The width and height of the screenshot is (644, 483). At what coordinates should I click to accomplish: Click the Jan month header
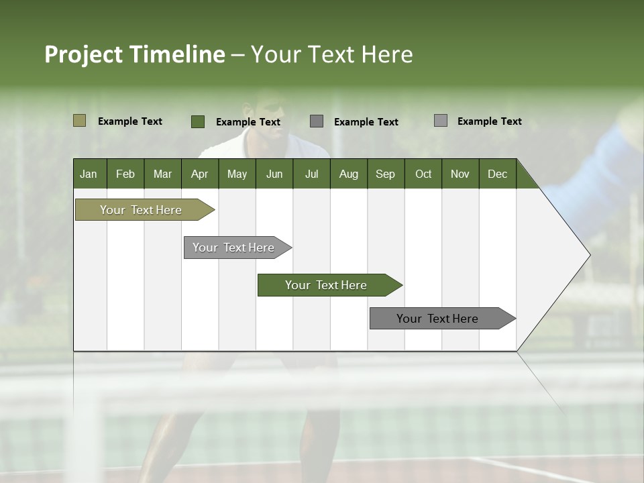(x=89, y=174)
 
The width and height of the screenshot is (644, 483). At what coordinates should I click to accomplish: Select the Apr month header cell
(x=199, y=174)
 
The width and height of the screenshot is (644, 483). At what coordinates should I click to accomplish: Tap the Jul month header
(x=311, y=174)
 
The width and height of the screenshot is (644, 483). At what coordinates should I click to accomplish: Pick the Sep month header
(x=385, y=174)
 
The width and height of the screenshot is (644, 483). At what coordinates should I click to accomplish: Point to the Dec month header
(x=497, y=174)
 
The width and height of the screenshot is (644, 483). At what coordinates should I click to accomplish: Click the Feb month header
(x=125, y=174)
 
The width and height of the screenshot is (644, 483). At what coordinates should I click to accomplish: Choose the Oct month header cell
(x=423, y=174)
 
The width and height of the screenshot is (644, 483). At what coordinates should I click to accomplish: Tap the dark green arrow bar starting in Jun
(x=327, y=285)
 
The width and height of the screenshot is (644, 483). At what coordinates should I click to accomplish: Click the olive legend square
(x=79, y=121)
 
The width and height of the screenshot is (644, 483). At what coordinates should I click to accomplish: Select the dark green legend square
(x=197, y=121)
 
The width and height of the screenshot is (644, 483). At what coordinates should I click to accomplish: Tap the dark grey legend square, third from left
(x=317, y=121)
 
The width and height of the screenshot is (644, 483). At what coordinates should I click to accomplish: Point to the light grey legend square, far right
(x=441, y=121)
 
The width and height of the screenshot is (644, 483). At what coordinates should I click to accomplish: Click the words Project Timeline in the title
(x=134, y=54)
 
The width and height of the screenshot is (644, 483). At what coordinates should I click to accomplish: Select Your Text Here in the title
(x=331, y=54)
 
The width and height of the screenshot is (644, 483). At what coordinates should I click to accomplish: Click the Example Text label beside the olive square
(x=129, y=121)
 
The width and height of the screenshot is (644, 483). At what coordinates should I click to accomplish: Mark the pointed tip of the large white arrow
(x=589, y=255)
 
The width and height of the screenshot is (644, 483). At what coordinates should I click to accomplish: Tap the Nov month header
(x=460, y=174)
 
